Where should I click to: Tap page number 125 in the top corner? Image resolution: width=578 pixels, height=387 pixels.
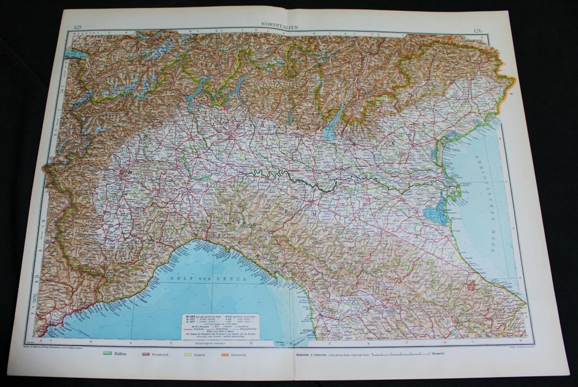click(x=77, y=26)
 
